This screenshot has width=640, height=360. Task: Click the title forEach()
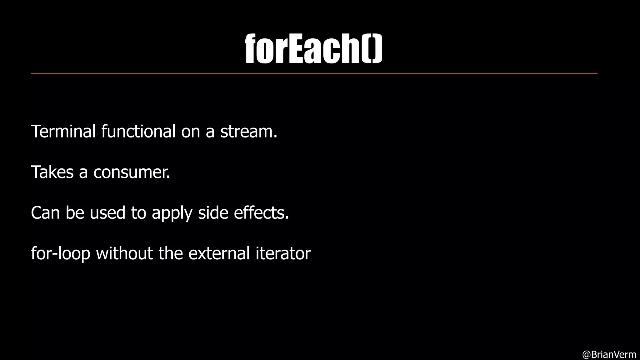(x=313, y=49)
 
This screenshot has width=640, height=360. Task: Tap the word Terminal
(x=63, y=131)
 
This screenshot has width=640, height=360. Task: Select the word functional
(x=138, y=131)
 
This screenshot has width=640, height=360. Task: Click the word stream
(x=249, y=131)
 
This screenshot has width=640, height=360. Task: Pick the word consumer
(x=132, y=172)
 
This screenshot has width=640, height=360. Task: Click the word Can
(x=45, y=213)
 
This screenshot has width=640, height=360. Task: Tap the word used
(x=107, y=213)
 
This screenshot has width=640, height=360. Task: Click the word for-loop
(x=60, y=254)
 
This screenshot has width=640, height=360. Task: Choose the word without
(x=124, y=253)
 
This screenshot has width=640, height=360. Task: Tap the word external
(x=219, y=253)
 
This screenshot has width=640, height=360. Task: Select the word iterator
(x=283, y=253)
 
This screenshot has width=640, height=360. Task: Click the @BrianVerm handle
(x=609, y=354)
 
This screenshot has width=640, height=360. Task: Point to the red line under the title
(x=314, y=73)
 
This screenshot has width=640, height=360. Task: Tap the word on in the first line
(x=190, y=132)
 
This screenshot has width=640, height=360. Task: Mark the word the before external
(x=170, y=253)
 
